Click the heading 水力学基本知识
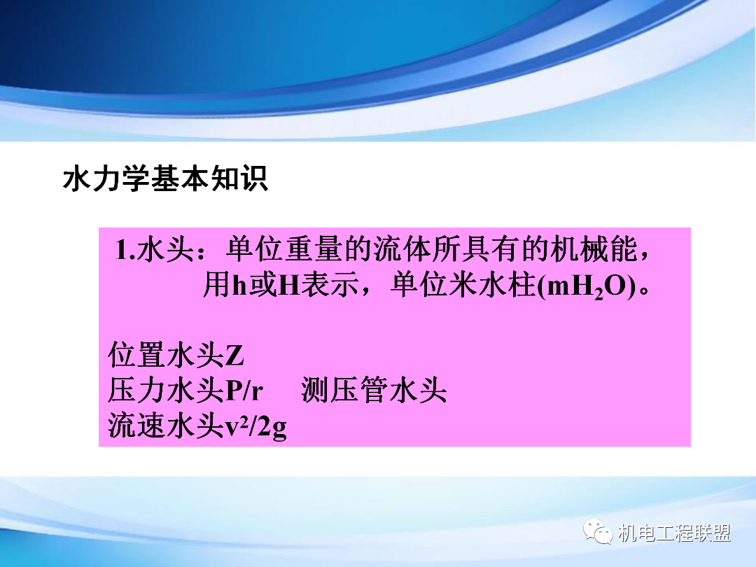165,180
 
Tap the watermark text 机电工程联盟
675,534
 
